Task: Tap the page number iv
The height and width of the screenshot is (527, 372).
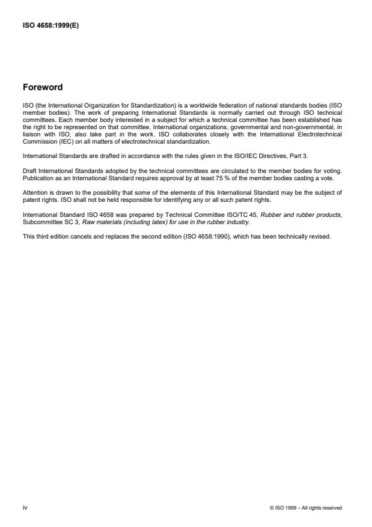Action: tap(25, 507)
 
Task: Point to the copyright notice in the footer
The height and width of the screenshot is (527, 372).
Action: tap(306, 508)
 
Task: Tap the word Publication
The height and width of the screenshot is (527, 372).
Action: tap(38, 178)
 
